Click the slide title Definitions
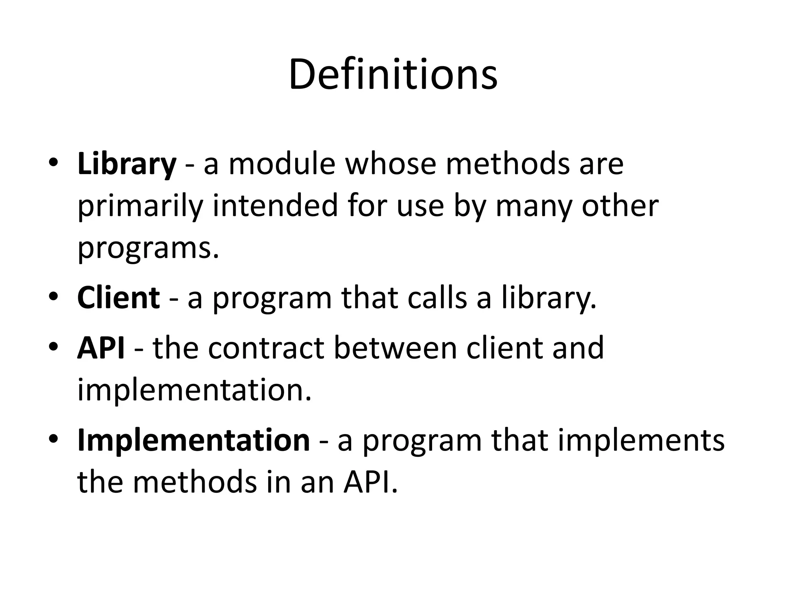tap(393, 74)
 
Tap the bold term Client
tap(118, 298)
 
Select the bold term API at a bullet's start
tap(101, 348)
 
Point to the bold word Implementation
tap(193, 440)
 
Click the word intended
tap(275, 206)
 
